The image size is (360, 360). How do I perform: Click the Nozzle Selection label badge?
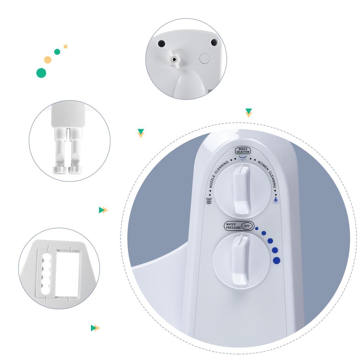(243, 150)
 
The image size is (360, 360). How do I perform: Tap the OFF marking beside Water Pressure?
(247, 226)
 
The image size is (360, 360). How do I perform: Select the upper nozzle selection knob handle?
(241, 189)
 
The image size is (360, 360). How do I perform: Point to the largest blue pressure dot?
(277, 261)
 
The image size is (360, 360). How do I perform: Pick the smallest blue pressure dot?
(257, 229)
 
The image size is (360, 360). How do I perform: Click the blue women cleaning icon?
(276, 201)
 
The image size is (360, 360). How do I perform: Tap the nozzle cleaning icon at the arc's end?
(209, 201)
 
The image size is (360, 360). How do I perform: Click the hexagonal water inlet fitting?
(174, 60)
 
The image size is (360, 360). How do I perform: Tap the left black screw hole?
(162, 43)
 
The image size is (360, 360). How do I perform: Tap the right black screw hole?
(214, 42)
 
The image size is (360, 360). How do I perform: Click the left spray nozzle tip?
(60, 170)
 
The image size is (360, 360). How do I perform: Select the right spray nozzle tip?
(76, 170)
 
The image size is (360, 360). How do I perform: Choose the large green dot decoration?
(41, 73)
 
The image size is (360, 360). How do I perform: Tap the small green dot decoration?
(57, 52)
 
